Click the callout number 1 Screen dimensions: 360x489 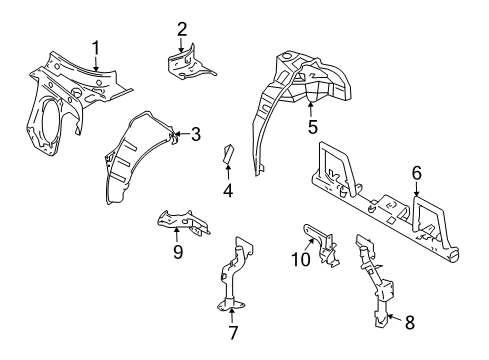(96, 46)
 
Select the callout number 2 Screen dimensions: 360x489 (182, 28)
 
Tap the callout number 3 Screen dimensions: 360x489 (196, 133)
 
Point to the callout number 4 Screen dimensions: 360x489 (228, 189)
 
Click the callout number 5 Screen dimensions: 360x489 (312, 127)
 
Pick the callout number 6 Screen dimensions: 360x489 (416, 174)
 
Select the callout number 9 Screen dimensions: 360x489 (177, 253)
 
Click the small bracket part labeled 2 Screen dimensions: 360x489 (187, 65)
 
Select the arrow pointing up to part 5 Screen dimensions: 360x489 (312, 108)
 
